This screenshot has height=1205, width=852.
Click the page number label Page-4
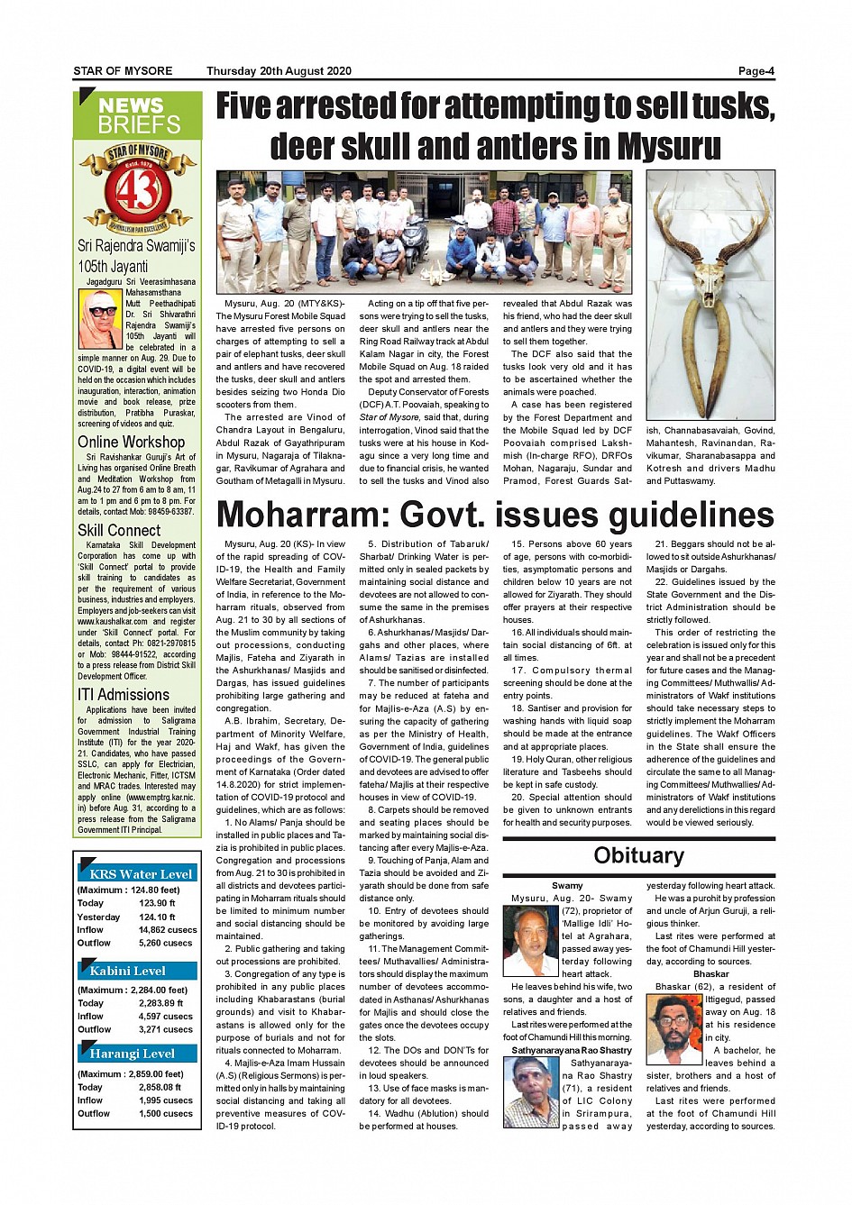point(756,71)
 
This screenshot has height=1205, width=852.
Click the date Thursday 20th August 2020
point(279,71)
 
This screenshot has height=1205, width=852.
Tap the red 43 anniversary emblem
point(138,190)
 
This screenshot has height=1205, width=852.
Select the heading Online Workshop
point(131,442)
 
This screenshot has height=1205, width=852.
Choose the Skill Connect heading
point(119,530)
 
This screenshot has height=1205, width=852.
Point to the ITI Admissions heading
point(124,695)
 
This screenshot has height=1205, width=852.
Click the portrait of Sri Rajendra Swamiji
point(99,319)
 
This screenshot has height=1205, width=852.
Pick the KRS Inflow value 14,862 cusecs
point(168,929)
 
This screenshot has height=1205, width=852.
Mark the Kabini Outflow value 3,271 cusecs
point(166,1029)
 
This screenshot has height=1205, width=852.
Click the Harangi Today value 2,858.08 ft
point(160,1087)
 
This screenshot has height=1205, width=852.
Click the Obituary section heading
point(638,855)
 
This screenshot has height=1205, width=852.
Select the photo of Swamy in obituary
point(530,941)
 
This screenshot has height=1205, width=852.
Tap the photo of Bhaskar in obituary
point(673,1028)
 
